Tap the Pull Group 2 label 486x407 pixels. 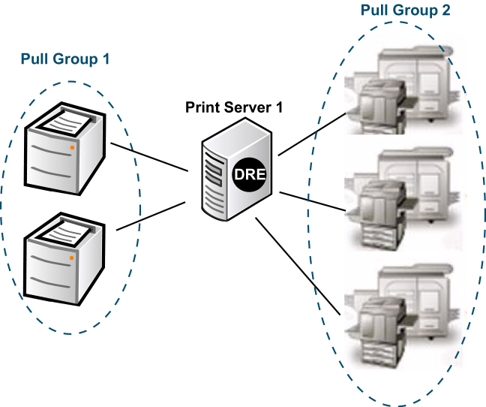click(404, 11)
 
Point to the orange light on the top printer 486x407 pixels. click(72, 148)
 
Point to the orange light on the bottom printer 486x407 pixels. click(72, 258)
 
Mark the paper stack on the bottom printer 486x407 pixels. click(66, 228)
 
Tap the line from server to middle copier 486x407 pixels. click(311, 200)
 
